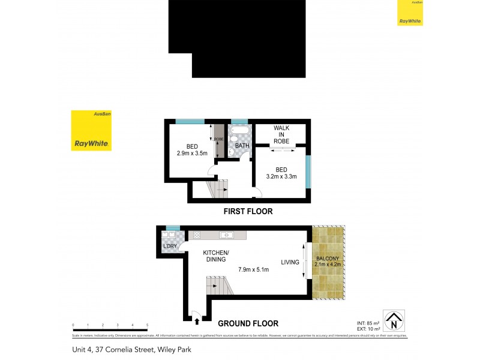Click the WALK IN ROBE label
pos(281,135)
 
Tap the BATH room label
pos(242,146)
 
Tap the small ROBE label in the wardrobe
pos(219,140)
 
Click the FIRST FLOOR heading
pos(248,211)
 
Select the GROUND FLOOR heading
pos(248,323)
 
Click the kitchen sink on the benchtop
pos(227,235)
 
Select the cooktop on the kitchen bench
pos(197,235)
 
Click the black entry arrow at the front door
pos(196,322)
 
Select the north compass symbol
pos(394,320)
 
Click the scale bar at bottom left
pos(110,329)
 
